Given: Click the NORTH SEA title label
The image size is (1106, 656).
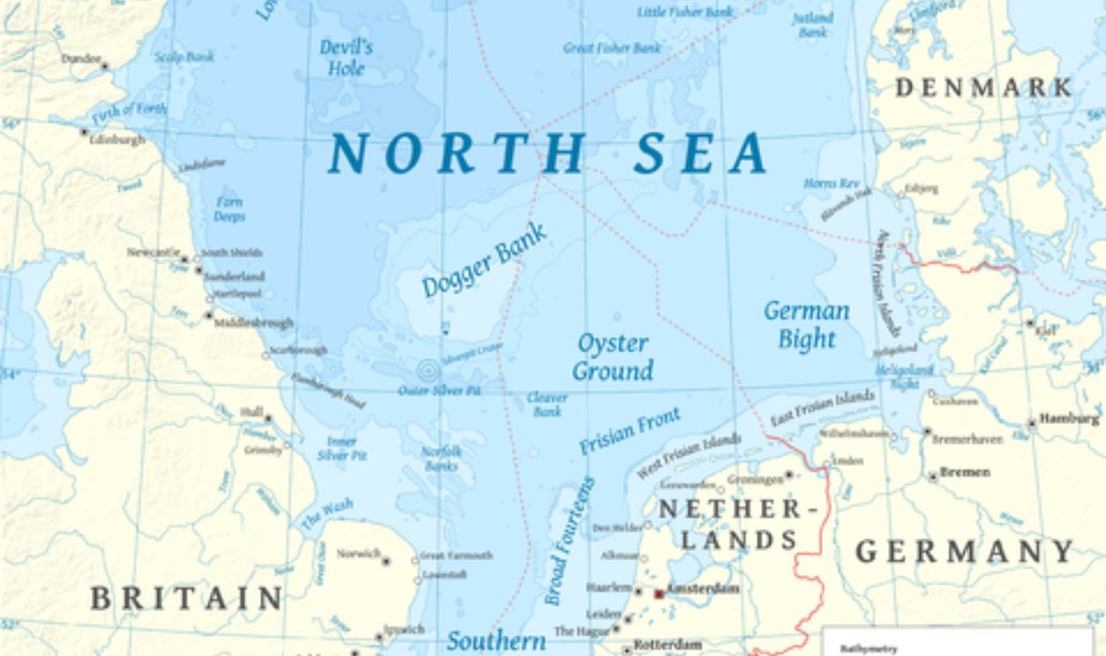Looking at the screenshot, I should pos(547,153).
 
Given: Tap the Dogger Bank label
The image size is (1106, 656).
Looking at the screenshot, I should pos(484,260).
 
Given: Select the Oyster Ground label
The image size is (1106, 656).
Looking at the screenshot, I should pos(613,357).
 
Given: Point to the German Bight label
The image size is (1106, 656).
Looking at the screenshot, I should pos(806,324).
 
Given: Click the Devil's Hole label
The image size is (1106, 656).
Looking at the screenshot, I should pos(346,57).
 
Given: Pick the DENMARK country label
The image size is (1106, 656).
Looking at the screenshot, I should pos(984,87).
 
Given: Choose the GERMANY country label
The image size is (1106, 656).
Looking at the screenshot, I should pos(965,552).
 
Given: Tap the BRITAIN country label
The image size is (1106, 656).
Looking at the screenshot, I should pos(186,598).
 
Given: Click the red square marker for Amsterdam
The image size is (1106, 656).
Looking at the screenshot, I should pos(658,594).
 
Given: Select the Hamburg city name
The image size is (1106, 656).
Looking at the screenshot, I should pos(1069,418).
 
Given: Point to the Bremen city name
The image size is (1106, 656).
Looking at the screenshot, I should pos(964,472).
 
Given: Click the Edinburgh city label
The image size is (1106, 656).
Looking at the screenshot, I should pos(117,139).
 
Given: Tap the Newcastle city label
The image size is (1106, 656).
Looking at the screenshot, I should pos(153,253).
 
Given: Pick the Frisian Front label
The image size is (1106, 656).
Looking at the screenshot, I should pos(629,430).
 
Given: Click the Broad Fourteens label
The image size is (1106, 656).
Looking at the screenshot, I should pos(568,542).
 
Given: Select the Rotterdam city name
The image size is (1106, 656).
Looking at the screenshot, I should pos(667,645).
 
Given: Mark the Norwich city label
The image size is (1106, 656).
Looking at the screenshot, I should pos(357,554).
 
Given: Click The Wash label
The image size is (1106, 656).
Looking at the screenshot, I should pos(327,513).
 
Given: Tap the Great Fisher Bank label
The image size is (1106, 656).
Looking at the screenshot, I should pos(612,48).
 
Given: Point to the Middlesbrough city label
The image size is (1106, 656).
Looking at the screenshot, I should pos(253,323).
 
